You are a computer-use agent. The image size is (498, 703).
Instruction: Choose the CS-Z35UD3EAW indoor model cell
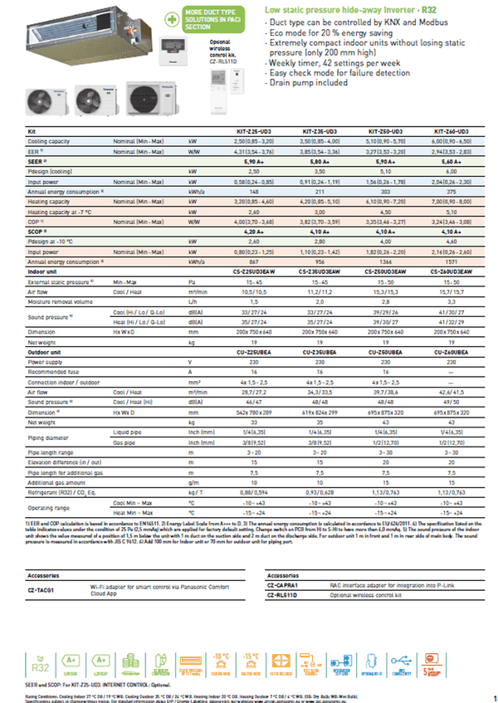coord(316,271)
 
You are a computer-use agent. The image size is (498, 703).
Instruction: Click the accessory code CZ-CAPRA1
coord(284,584)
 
